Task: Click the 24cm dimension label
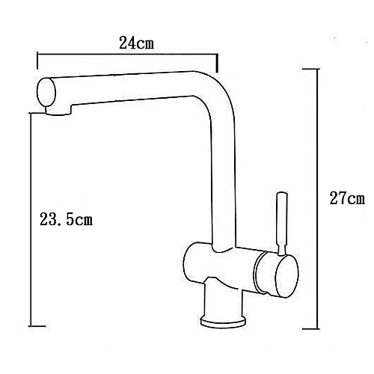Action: click(136, 43)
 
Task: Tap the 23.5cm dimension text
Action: click(66, 219)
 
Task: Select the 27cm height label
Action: click(347, 198)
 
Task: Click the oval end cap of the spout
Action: click(46, 92)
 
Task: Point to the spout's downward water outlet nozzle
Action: click(58, 111)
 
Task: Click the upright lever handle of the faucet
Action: click(282, 224)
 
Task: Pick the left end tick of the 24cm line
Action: click(37, 61)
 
